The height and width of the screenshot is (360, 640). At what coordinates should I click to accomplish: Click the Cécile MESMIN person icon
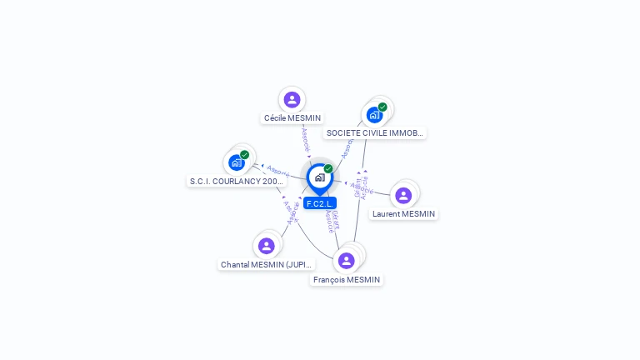click(x=292, y=100)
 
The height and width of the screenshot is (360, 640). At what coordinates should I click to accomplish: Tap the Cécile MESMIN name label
click(x=292, y=118)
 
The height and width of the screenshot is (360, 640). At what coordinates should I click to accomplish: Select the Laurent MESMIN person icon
click(x=403, y=196)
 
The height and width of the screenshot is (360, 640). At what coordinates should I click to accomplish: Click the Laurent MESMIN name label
click(x=403, y=214)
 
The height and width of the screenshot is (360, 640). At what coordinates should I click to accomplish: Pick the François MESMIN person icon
click(x=347, y=261)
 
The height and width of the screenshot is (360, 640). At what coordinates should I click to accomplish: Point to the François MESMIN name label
click(x=346, y=280)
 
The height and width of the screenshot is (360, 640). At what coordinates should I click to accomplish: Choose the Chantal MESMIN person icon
click(x=267, y=246)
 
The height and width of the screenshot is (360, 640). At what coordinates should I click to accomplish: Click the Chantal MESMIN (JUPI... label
click(x=267, y=265)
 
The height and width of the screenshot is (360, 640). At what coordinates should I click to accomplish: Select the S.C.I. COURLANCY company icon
click(x=237, y=162)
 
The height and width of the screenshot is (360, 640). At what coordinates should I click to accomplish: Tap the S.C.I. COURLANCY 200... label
click(x=237, y=181)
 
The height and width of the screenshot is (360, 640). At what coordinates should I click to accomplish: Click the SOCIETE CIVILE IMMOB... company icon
click(x=374, y=115)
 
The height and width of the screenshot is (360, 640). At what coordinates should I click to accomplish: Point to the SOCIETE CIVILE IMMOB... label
click(x=374, y=132)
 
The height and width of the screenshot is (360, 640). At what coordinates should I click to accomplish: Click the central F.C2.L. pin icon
click(x=319, y=177)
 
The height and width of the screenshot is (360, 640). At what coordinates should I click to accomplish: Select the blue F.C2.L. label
click(x=320, y=203)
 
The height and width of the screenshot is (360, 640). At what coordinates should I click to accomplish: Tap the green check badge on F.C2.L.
click(x=328, y=168)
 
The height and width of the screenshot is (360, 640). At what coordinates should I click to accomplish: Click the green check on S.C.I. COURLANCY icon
click(x=245, y=154)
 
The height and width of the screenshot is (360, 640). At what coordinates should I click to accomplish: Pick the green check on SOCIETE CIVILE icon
click(x=382, y=107)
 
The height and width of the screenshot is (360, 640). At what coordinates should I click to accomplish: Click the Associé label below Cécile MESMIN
click(x=306, y=139)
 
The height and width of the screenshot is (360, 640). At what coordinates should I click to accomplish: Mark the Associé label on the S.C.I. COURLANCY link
click(x=277, y=170)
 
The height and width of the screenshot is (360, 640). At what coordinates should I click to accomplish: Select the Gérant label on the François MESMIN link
click(x=335, y=217)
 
